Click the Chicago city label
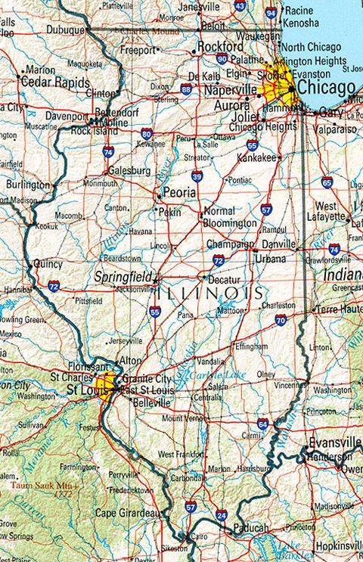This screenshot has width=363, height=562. pos(326,88)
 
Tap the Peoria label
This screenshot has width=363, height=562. pos(180,193)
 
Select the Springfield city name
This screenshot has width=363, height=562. pos(123,277)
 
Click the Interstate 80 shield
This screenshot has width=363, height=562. pos(147,134)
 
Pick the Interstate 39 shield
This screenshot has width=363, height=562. pos(197,176)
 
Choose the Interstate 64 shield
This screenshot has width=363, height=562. pos(262,424)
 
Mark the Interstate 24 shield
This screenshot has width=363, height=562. pos(221,515)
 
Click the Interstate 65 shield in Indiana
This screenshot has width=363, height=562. pos(327,182)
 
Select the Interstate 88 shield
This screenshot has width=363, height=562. pos(186,89)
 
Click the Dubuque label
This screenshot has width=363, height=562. pos(65,30)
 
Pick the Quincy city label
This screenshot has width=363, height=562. pos(48,264)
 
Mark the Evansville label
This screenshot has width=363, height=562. pos(335,442)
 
